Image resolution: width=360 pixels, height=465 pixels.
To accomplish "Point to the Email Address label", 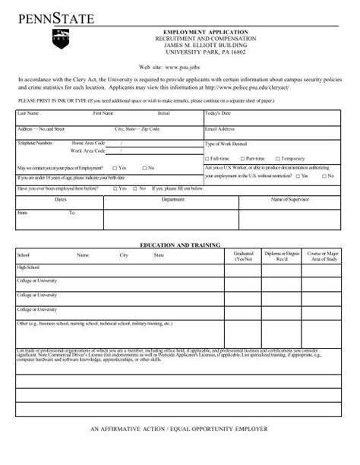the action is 219,129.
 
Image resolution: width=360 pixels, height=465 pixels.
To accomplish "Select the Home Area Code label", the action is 88,143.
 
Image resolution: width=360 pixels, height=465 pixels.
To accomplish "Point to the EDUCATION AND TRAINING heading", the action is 180,245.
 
